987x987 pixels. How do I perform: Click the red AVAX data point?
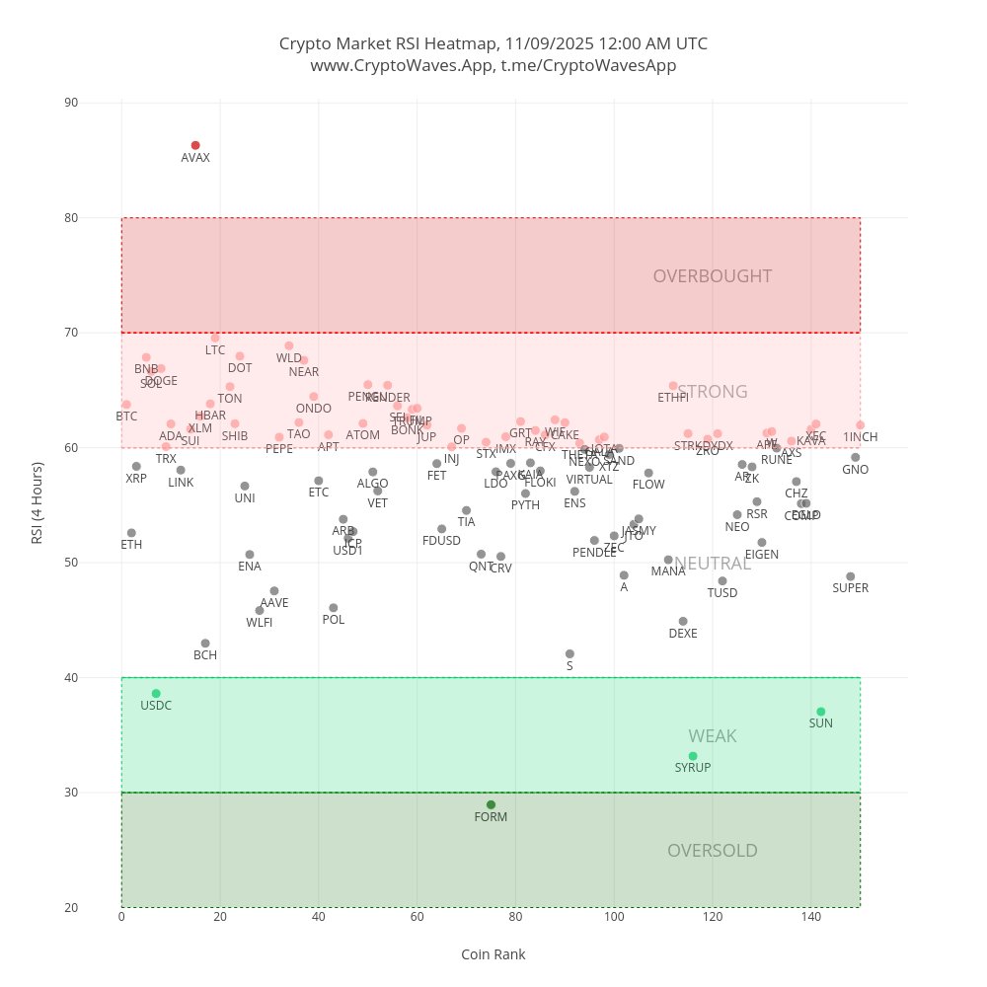pos(195,145)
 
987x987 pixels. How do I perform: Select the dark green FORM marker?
pos(491,804)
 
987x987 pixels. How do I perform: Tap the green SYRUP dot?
pos(693,756)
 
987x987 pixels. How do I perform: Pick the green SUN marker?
pos(821,712)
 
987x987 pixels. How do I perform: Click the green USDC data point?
pos(156,694)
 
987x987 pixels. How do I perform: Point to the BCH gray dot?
pos(205,644)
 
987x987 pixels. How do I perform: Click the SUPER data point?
pos(851,576)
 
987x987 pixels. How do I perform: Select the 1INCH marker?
pos(861,425)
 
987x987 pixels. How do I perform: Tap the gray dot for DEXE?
pos(683,622)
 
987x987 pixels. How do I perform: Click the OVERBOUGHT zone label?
pos(713,276)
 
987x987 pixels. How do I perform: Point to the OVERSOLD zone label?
pos(713,851)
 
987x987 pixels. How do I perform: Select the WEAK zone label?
pos(713,736)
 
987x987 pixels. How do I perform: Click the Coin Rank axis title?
pos(493,954)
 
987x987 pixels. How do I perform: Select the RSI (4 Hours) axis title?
pos(38,505)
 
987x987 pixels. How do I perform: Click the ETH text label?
pos(131,545)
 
